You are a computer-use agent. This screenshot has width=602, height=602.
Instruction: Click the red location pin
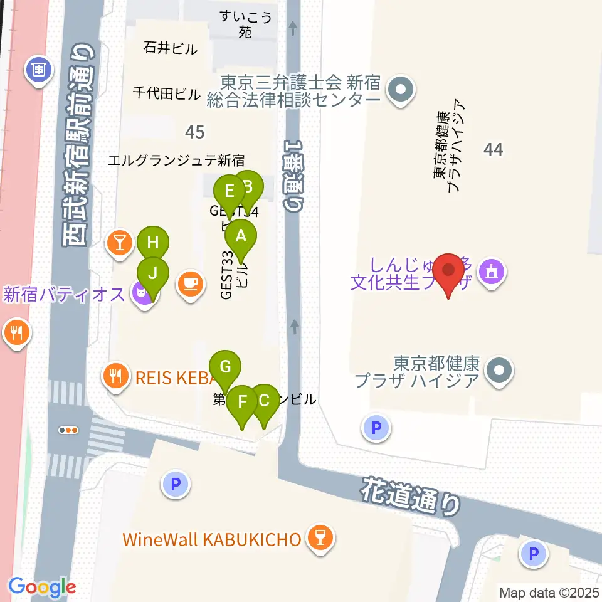tap(449, 272)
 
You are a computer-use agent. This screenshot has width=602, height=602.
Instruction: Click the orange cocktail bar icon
tap(119, 242)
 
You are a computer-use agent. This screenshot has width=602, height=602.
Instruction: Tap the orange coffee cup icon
tap(191, 283)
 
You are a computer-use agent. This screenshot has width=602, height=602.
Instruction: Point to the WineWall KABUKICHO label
tap(212, 539)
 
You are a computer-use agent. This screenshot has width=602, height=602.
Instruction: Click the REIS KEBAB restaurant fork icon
tap(114, 376)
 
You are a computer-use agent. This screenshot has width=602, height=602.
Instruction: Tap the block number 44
tap(494, 149)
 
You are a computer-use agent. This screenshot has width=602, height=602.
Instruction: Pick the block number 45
tap(195, 132)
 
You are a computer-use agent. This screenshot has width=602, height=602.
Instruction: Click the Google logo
tap(42, 588)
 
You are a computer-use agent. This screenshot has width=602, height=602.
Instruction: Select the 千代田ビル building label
tap(166, 94)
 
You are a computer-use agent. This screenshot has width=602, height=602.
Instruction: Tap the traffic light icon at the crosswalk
tap(68, 430)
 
